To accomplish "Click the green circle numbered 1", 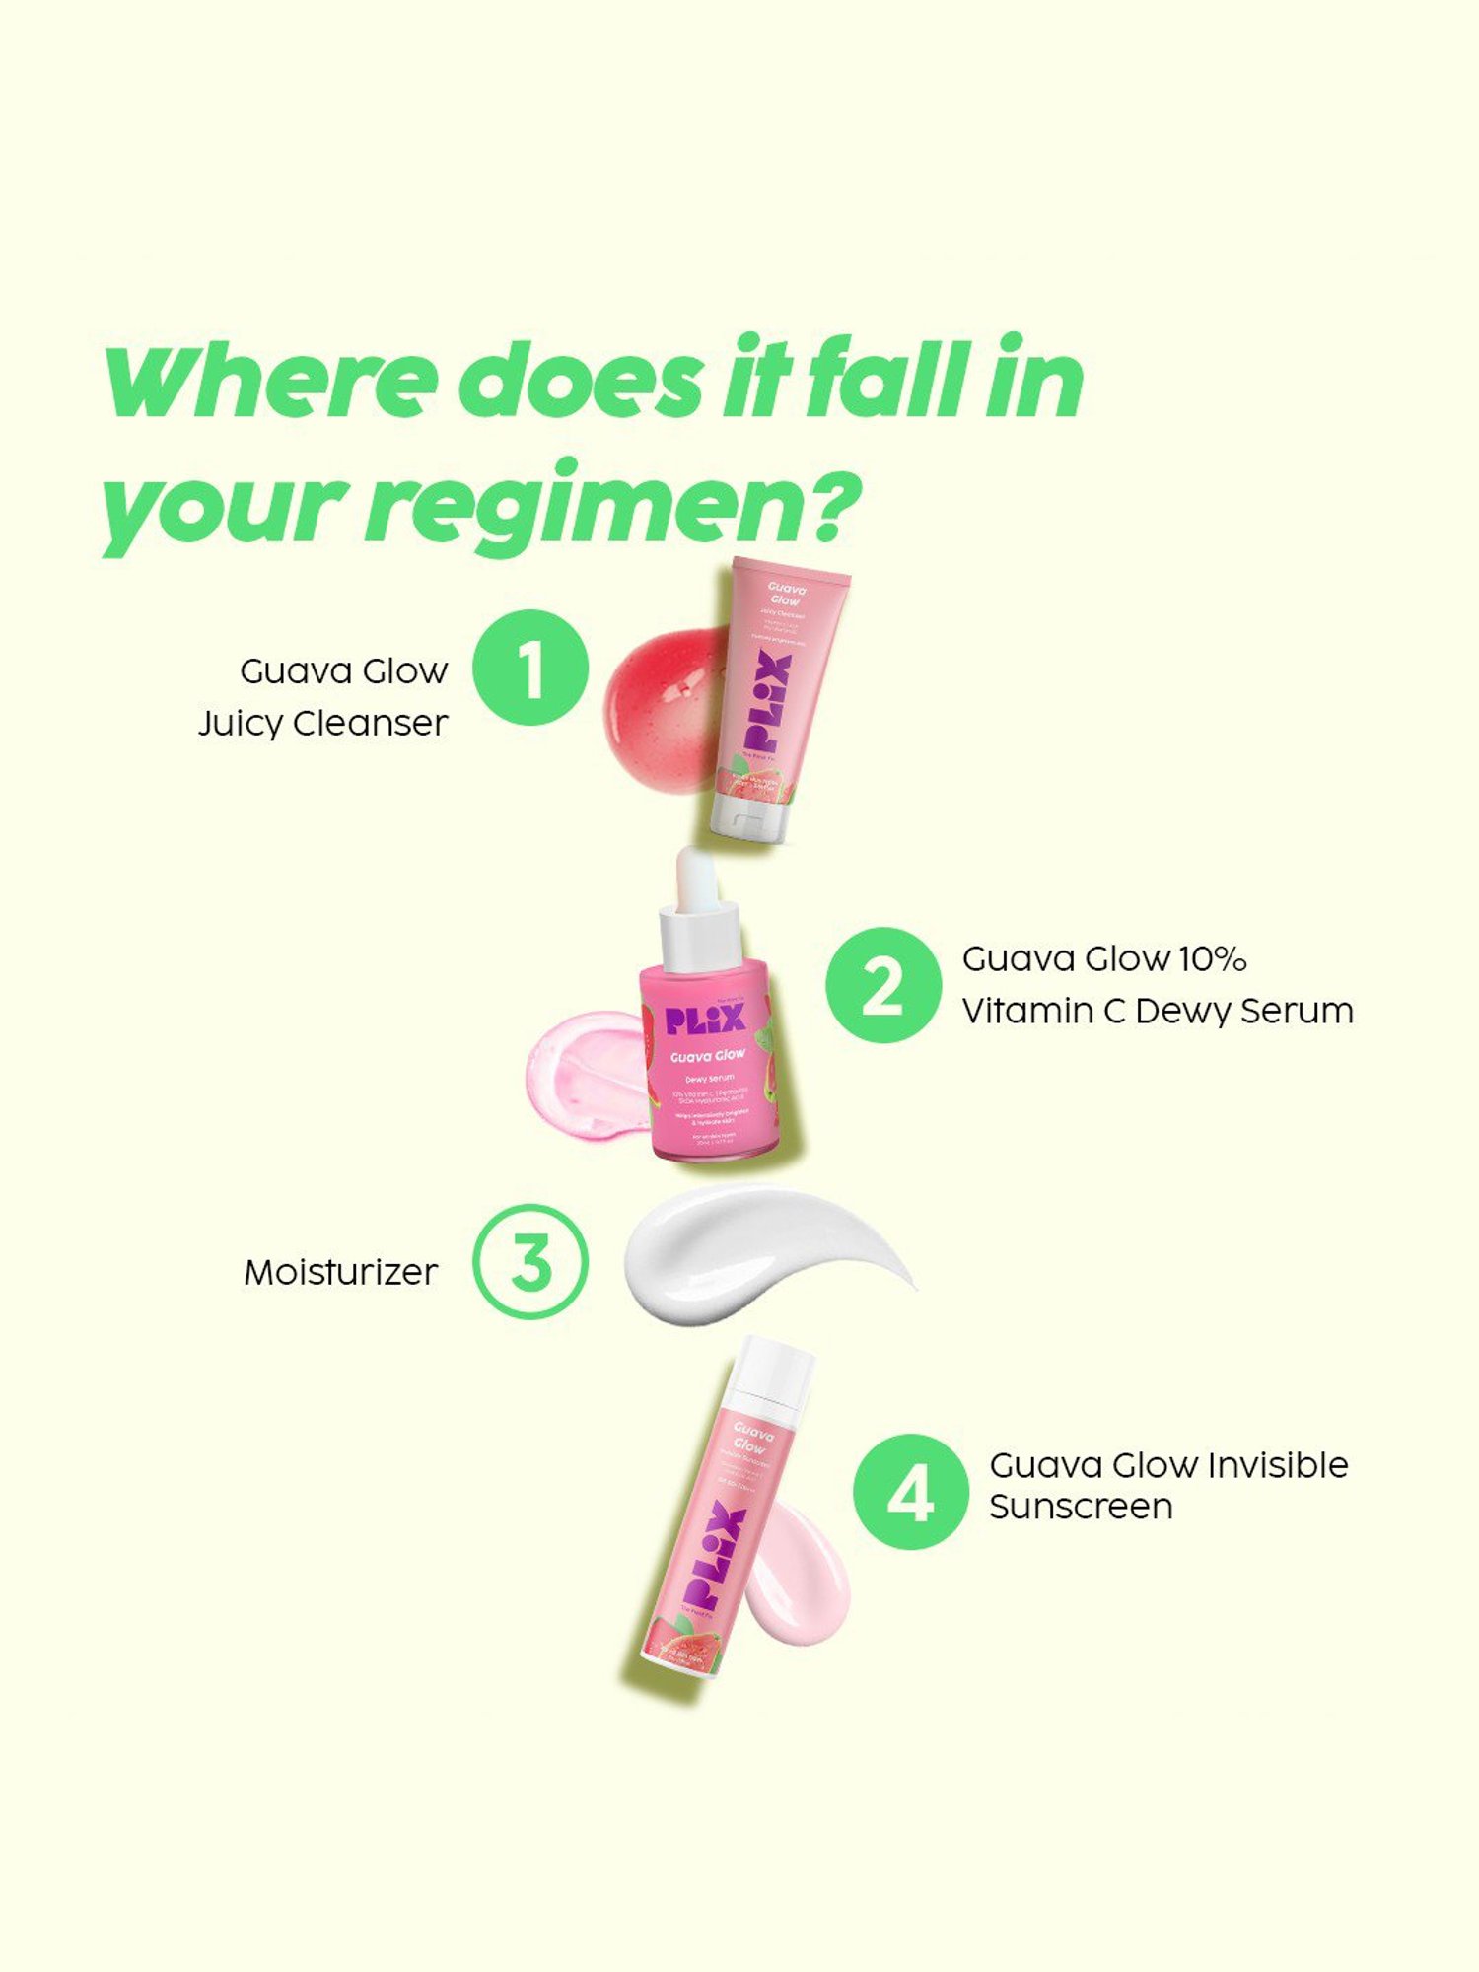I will pyautogui.click(x=530, y=668).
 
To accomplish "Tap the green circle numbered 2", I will pyautogui.click(x=883, y=984).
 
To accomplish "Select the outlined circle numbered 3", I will pyautogui.click(x=530, y=1261).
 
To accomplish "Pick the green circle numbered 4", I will pyautogui.click(x=910, y=1491).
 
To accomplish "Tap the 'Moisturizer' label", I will pyautogui.click(x=340, y=1272).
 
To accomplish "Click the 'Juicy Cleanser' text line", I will pyautogui.click(x=322, y=723).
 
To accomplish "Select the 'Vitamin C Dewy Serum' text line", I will pyautogui.click(x=1157, y=1011).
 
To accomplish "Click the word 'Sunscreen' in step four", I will pyautogui.click(x=1081, y=1507).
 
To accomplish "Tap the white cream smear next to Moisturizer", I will pyautogui.click(x=749, y=1252).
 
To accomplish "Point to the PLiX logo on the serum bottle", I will pyautogui.click(x=705, y=1020).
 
